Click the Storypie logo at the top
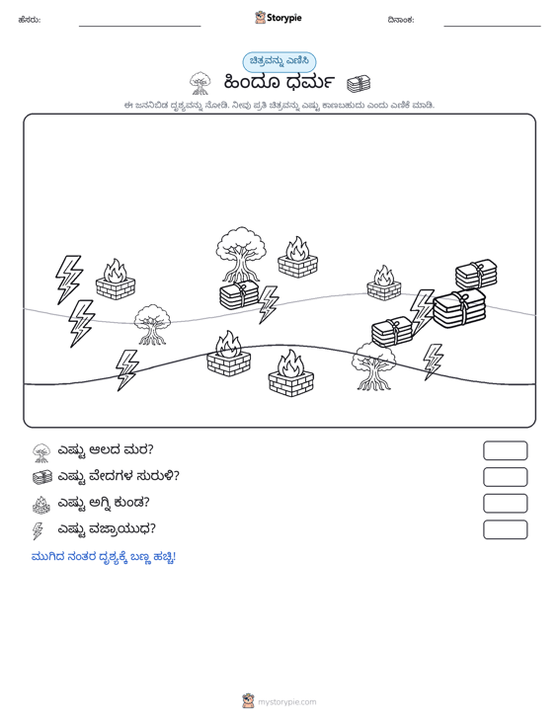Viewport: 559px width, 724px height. [x=279, y=18]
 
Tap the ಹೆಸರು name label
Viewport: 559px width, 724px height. [x=30, y=20]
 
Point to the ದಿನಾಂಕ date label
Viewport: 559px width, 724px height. [x=401, y=20]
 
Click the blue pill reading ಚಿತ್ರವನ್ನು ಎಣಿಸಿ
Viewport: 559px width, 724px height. [x=279, y=61]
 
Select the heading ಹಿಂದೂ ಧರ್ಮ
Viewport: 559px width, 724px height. [x=279, y=82]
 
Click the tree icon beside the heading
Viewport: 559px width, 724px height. [x=200, y=83]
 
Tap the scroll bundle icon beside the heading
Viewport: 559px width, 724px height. [x=359, y=83]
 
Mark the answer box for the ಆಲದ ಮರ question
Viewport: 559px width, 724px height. [x=505, y=450]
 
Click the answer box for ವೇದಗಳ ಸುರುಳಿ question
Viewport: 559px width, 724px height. [x=505, y=477]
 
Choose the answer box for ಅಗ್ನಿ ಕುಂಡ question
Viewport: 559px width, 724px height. [x=505, y=504]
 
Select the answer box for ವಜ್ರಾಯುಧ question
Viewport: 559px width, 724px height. [x=505, y=529]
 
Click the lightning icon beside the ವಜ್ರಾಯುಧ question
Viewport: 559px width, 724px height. [x=38, y=530]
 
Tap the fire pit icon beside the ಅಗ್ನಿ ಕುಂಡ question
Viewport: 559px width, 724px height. [x=41, y=504]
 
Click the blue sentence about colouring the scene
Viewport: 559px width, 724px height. [x=104, y=557]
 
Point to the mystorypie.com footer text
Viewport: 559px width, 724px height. [x=286, y=702]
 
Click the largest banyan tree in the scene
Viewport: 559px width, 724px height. [x=241, y=255]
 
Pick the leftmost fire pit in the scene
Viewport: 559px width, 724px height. [x=116, y=280]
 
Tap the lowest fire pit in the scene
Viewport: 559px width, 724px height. [x=290, y=374]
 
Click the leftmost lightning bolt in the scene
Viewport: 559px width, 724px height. [x=69, y=280]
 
